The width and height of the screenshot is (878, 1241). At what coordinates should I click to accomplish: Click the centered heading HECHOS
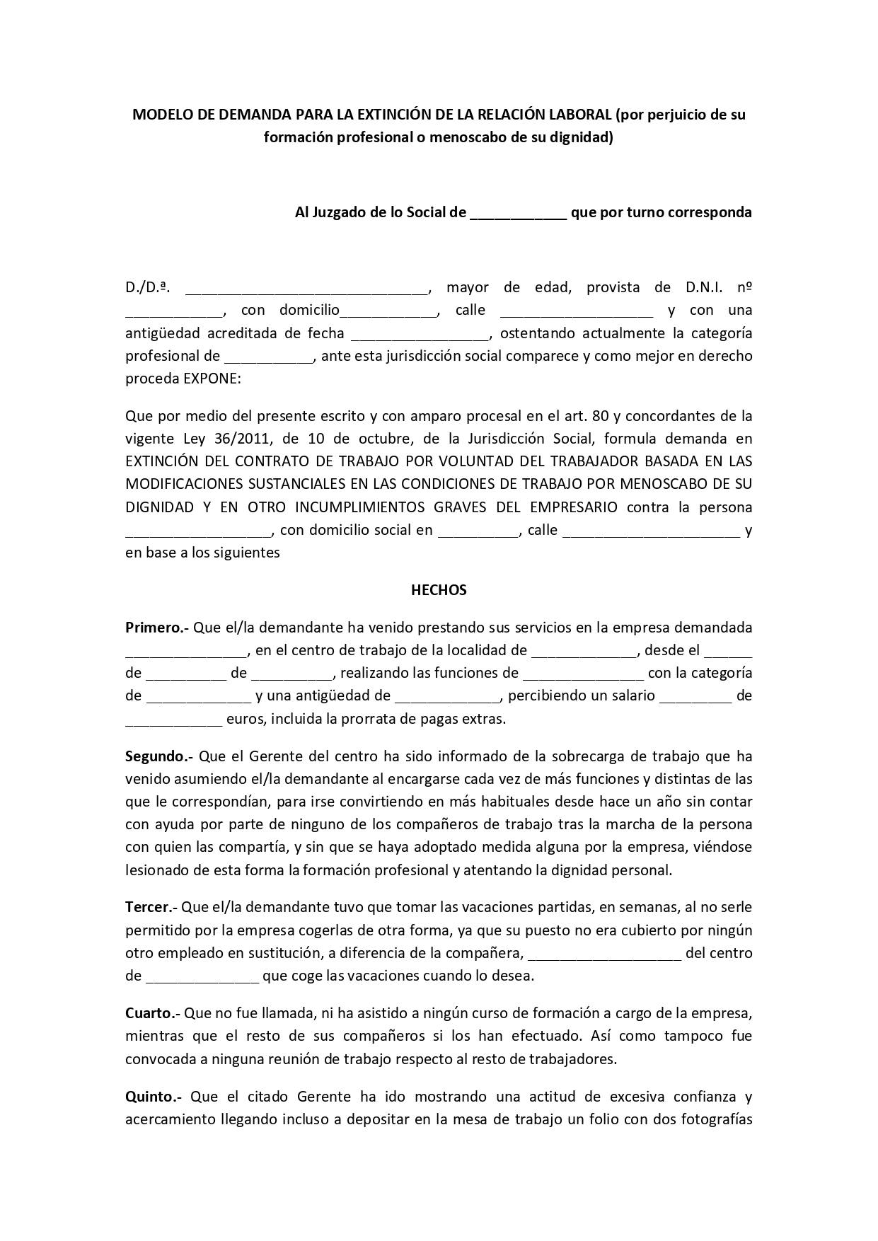pos(439,590)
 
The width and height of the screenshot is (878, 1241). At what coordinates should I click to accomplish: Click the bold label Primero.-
pos(156,628)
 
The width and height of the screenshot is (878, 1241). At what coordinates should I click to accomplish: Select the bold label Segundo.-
pos(159,756)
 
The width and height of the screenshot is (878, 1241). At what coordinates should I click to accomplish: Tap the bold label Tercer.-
pos(151,907)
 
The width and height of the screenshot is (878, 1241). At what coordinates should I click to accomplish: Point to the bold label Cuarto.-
pos(153,1013)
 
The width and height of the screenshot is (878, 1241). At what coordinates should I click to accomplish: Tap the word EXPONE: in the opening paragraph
pos(212,379)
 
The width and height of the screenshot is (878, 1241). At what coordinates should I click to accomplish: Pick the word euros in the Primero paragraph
pos(246,719)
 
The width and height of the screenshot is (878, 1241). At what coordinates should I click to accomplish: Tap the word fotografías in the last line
pos(716,1119)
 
